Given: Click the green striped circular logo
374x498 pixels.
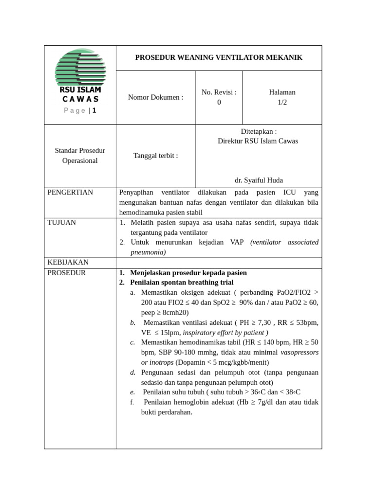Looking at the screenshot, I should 80,67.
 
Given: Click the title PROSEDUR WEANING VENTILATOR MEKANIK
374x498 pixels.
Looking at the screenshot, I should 219,57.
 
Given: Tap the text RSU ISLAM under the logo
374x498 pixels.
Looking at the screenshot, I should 80,90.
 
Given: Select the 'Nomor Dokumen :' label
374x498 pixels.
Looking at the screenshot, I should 156,97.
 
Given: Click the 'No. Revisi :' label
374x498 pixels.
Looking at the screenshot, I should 219,92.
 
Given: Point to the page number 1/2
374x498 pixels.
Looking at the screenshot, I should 282,102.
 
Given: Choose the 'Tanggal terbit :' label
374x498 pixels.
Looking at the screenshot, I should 156,156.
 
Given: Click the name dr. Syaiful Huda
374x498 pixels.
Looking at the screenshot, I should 259,180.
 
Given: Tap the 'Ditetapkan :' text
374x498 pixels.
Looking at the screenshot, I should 259,131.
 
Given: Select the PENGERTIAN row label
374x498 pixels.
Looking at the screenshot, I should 70,193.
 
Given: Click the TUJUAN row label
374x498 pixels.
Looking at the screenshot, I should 62,223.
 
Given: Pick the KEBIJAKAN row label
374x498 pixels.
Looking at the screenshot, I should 68,263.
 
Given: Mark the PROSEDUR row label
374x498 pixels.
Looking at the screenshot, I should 67,273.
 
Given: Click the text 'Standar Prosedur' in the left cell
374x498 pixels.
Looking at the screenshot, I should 80,151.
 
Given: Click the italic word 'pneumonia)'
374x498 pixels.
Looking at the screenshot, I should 149,252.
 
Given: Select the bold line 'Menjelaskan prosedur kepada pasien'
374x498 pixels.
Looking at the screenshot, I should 188,273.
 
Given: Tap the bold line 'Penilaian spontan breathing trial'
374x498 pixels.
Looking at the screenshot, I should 182,283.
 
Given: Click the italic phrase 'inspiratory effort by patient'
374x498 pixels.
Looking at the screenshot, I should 224,333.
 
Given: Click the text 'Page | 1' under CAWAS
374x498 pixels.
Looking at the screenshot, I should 80,110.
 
